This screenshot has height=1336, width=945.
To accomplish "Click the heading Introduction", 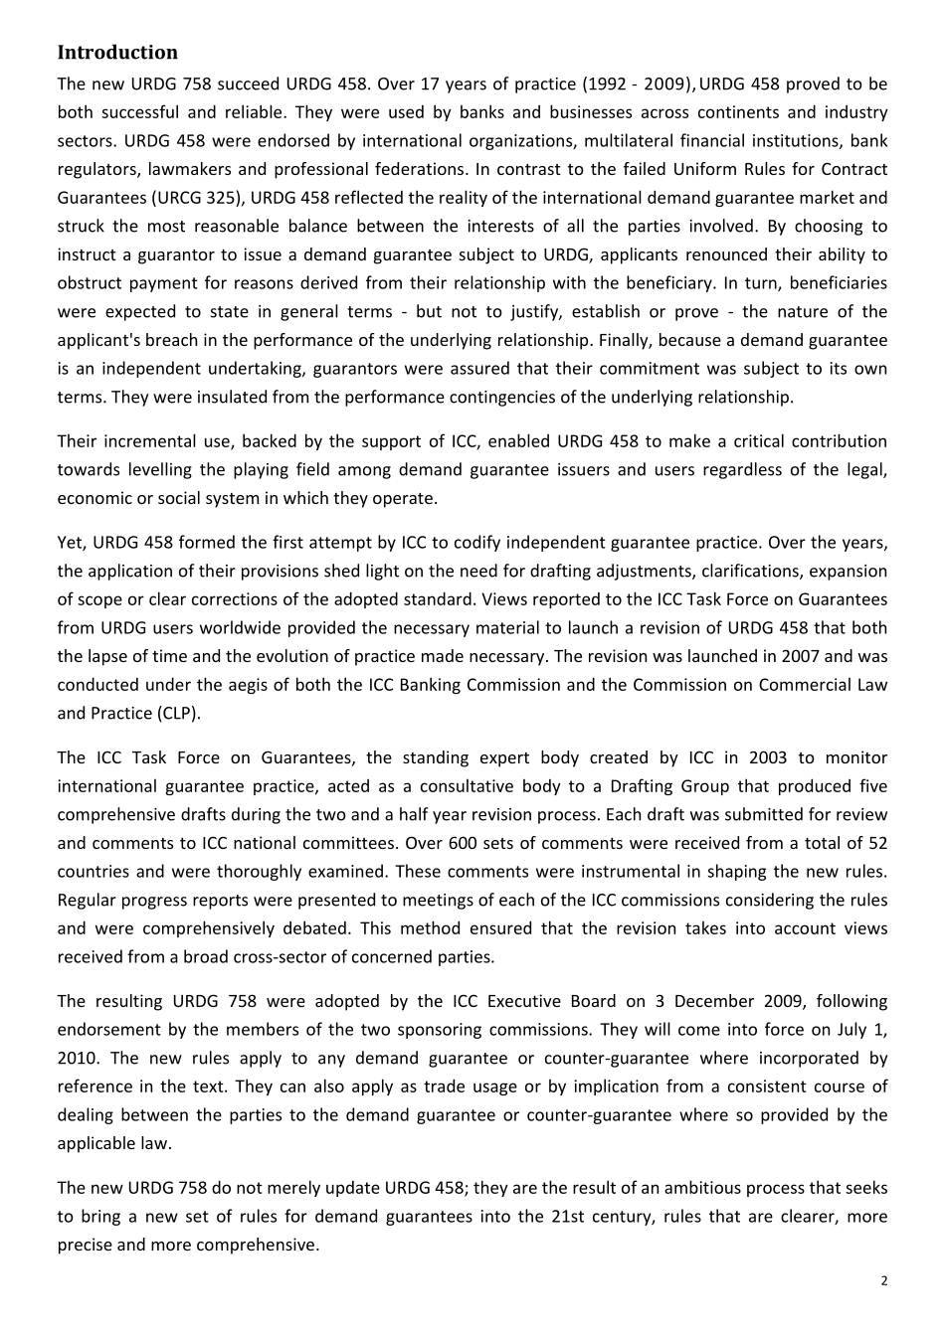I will (117, 53).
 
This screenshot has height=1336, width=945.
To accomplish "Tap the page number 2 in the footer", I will (884, 1281).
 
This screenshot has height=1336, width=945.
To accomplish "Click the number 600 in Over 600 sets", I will (580, 843).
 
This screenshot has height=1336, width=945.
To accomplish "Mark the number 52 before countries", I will (876, 843).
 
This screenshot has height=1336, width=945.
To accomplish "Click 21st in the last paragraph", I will (566, 1217).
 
